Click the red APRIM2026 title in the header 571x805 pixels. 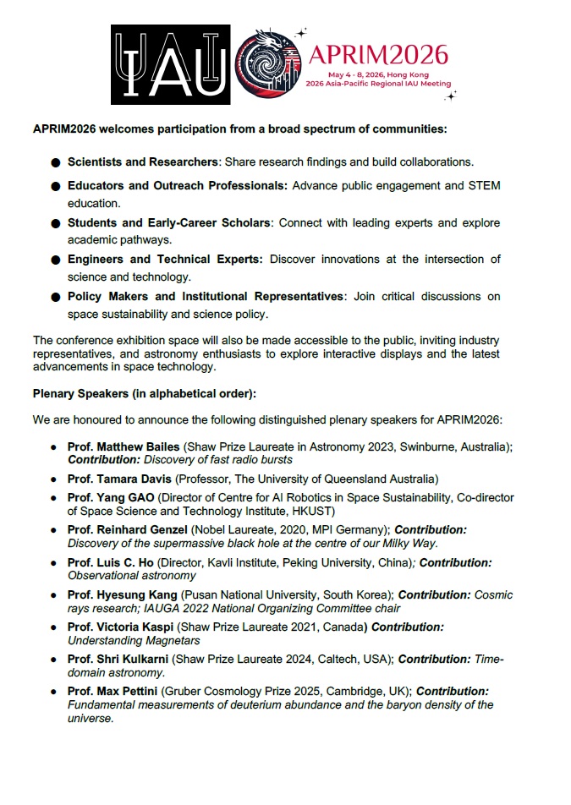coord(377,55)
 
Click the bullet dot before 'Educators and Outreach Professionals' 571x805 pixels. coord(55,186)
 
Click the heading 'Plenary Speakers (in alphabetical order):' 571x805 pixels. coord(145,393)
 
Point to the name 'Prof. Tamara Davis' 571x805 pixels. coord(118,479)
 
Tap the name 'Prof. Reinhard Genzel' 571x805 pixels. coord(128,529)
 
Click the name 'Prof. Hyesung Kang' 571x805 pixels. coord(124,594)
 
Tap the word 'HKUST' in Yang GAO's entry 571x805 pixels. coord(316,511)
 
